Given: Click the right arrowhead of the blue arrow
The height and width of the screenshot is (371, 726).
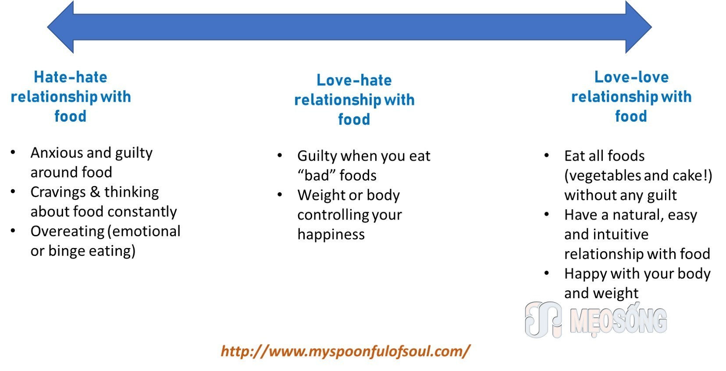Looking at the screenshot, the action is pyautogui.click(x=638, y=27).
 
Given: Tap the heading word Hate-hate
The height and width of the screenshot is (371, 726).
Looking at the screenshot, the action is pyautogui.click(x=71, y=77).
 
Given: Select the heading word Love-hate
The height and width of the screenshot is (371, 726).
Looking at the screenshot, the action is pyautogui.click(x=354, y=80).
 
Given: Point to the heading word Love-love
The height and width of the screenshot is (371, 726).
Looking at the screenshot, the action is pyautogui.click(x=631, y=77).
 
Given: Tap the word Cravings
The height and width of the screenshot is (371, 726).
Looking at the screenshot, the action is pyautogui.click(x=58, y=192).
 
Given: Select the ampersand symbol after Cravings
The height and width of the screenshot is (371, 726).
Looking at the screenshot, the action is pyautogui.click(x=95, y=192).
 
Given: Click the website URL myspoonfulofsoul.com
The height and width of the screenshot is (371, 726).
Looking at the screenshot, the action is pyautogui.click(x=345, y=351).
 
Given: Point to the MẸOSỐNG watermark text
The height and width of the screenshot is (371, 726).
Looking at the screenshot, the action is pyautogui.click(x=619, y=320).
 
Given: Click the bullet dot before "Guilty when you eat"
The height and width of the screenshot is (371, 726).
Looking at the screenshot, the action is pyautogui.click(x=280, y=155).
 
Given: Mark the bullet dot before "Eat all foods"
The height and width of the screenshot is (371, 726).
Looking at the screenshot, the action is pyautogui.click(x=546, y=155).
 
